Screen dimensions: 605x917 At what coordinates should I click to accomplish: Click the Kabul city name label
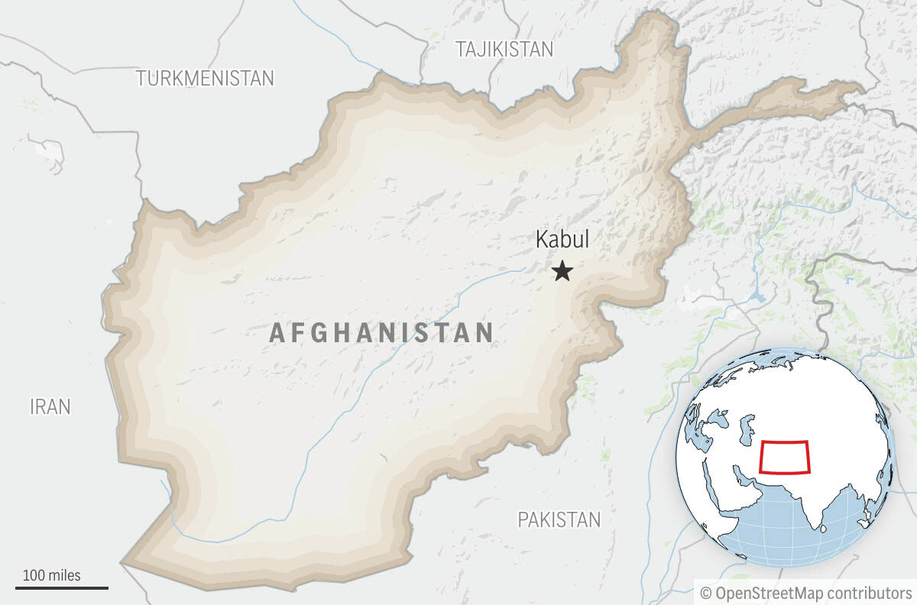(x=562, y=240)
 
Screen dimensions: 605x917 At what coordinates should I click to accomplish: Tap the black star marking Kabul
(x=562, y=270)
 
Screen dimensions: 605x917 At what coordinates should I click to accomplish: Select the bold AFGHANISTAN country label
(x=381, y=332)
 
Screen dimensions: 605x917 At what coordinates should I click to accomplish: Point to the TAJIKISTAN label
(x=504, y=50)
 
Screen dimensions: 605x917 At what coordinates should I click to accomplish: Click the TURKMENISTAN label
(x=205, y=78)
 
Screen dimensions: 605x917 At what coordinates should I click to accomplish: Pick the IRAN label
(x=50, y=407)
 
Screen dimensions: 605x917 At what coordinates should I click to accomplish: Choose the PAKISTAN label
(x=559, y=520)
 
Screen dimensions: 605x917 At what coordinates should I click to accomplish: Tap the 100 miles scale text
(x=51, y=575)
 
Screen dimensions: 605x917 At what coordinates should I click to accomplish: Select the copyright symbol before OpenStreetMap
(x=705, y=593)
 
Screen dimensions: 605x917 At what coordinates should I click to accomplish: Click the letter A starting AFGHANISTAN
(x=278, y=333)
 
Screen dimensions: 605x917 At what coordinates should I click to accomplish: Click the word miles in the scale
(x=63, y=575)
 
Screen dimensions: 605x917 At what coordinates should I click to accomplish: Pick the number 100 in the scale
(x=33, y=575)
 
